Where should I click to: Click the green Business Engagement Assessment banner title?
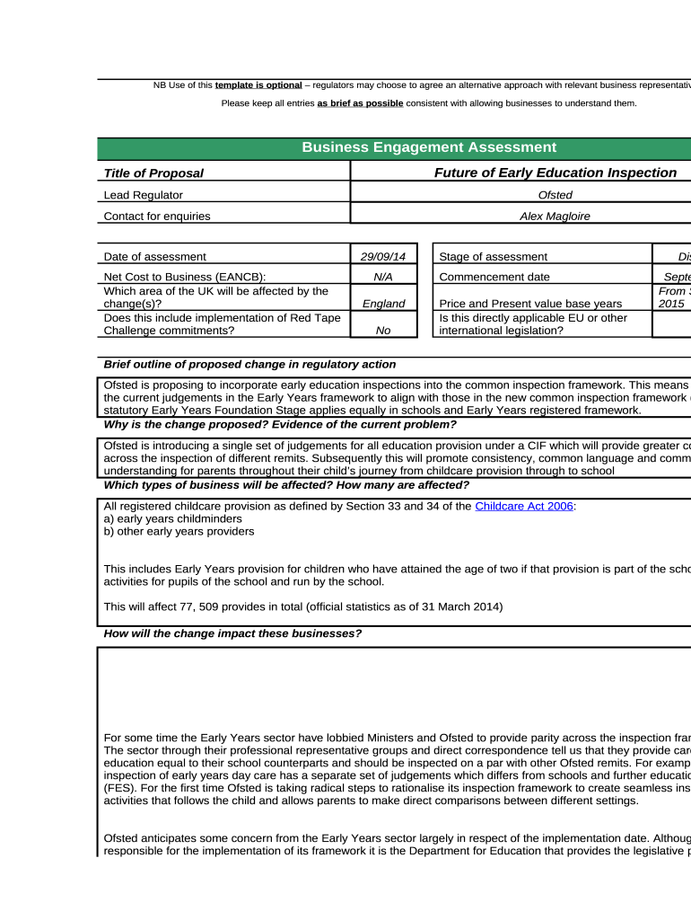428,147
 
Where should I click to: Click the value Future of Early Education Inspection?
555,172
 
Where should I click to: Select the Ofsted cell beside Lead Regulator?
555,195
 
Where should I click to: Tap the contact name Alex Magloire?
555,216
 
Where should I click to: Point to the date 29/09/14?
383,257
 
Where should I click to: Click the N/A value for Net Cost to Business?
383,277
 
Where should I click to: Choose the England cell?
383,304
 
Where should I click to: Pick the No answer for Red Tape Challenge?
383,330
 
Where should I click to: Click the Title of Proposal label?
153,173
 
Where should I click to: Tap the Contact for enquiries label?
157,216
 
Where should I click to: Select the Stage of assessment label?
493,257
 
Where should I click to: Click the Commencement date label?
494,277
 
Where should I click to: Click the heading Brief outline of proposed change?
249,364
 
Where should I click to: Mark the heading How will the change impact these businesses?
232,633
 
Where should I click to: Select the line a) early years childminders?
173,519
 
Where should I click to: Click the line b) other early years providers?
179,531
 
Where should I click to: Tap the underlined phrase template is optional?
258,85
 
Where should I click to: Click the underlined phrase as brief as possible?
360,103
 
